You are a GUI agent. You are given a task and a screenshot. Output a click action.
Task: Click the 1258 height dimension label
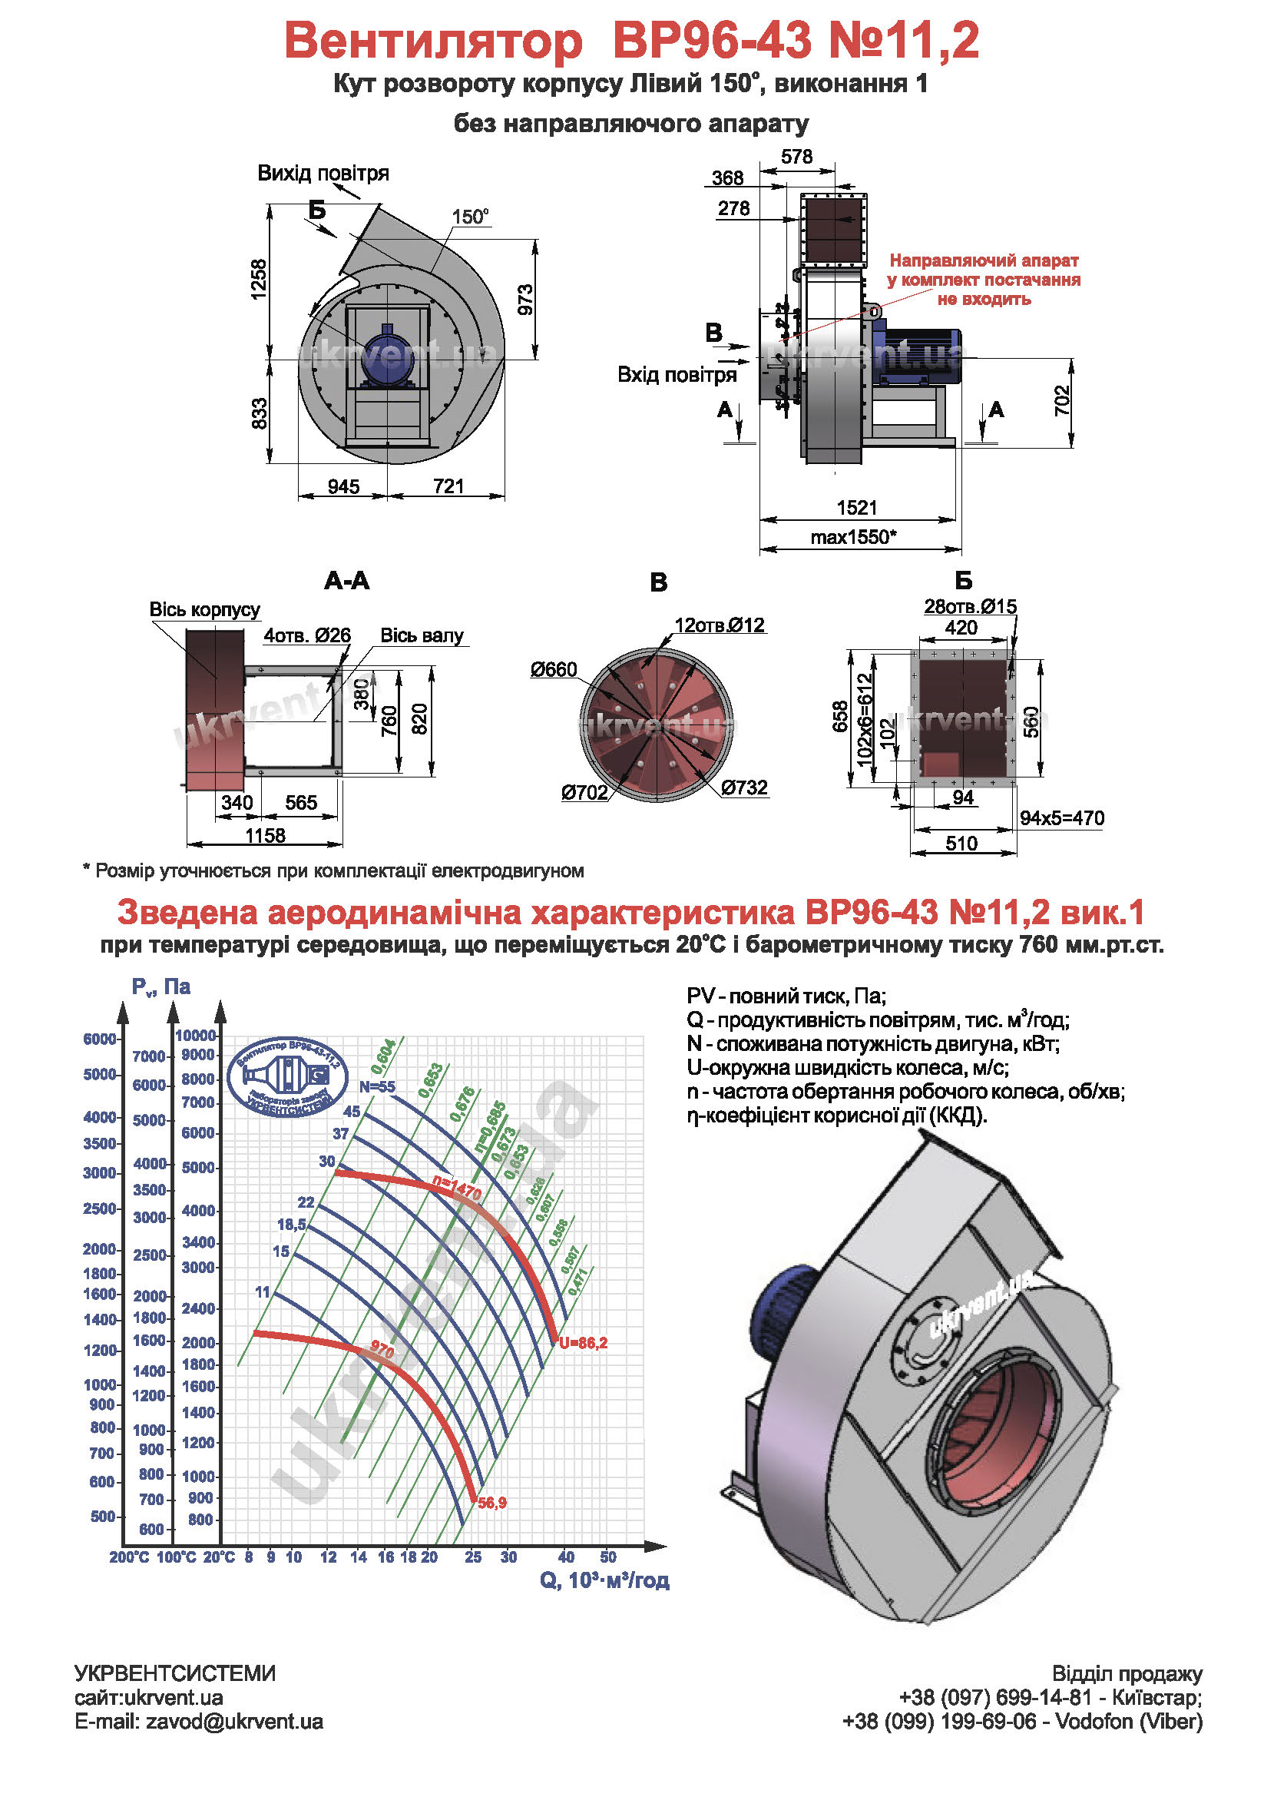[x=259, y=279]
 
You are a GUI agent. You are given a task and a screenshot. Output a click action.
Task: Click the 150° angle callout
[x=470, y=217]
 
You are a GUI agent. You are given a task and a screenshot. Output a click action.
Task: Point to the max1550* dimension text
[x=853, y=537]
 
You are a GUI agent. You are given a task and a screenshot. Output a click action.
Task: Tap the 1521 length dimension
[x=856, y=508]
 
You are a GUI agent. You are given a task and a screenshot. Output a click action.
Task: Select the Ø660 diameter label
[x=553, y=670]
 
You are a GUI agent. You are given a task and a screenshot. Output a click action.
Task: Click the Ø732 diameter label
[x=744, y=787]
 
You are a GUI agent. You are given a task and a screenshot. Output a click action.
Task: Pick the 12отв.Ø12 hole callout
[x=719, y=625]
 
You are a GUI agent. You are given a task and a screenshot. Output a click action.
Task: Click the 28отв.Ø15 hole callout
[x=970, y=607]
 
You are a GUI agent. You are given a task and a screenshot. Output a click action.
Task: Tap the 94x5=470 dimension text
[x=1061, y=819]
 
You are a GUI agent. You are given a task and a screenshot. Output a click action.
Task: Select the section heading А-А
[x=346, y=581]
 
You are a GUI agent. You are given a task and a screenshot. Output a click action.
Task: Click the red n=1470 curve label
[x=458, y=1189]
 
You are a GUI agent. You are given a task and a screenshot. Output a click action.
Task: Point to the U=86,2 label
[x=583, y=1343]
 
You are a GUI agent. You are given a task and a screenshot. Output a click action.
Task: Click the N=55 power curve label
[x=377, y=1087]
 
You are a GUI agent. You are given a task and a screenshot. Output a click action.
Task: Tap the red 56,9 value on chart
[x=492, y=1503]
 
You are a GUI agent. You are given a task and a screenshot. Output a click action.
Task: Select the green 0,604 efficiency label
[x=383, y=1056]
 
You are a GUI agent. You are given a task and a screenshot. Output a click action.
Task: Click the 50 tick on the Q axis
[x=607, y=1557]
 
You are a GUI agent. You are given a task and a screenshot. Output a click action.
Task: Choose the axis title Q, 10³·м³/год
[x=604, y=1581]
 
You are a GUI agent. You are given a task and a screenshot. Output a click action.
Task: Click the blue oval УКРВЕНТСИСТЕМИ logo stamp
[x=288, y=1076]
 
